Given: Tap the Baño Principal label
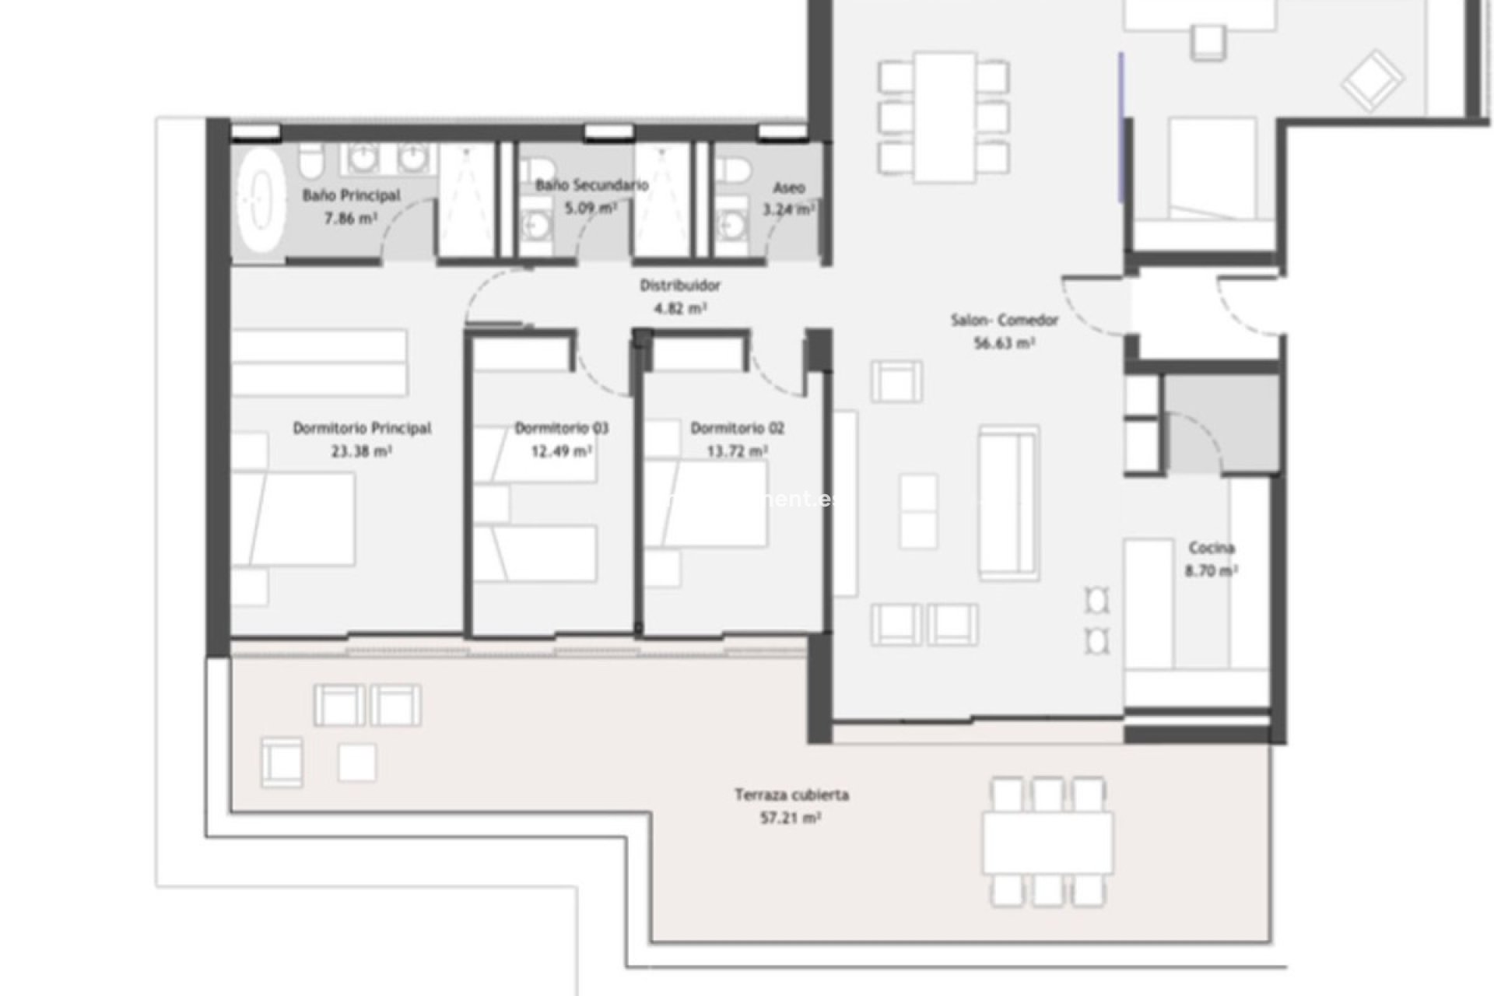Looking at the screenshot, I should point(351,195).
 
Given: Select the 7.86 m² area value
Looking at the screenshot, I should point(350,219).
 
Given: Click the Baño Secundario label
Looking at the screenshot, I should point(591,185).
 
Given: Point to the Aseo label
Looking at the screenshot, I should point(788,188).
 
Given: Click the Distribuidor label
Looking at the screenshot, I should point(680,286).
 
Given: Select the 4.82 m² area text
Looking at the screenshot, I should point(680,308).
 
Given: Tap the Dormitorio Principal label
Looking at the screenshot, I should point(362,428).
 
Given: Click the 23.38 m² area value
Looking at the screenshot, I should point(361,451).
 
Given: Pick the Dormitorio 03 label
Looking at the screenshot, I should point(561,428).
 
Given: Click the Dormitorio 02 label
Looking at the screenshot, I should point(737,428).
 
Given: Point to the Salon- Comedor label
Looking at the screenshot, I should point(1004,320).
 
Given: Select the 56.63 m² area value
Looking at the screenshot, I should point(1004,342).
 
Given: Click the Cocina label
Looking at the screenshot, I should point(1212,548).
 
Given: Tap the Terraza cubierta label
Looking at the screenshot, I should point(791,794).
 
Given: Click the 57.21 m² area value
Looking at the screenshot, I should point(791,818).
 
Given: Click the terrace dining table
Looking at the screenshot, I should point(1047,843).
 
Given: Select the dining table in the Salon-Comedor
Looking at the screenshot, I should point(944,116).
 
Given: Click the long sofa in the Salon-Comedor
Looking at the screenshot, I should point(1008,502).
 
